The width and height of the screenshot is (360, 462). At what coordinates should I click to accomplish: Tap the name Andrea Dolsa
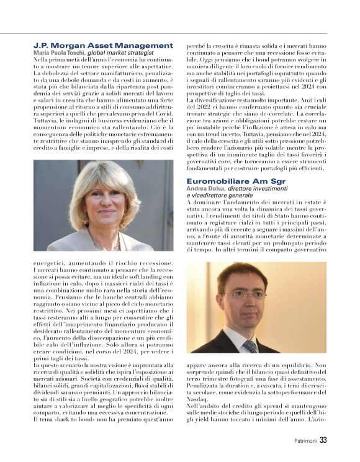click(x=207, y=189)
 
